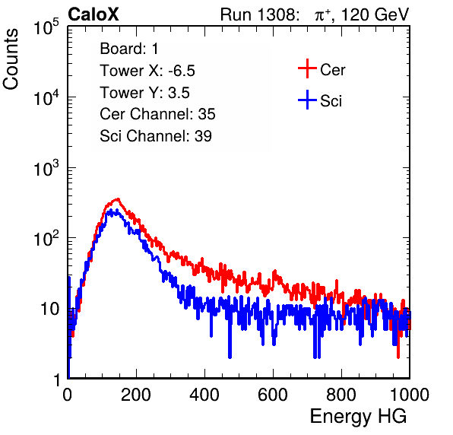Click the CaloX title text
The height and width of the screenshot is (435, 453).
pos(93,14)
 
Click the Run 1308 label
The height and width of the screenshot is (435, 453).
pos(259,14)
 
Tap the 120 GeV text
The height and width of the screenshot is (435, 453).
pos(375,14)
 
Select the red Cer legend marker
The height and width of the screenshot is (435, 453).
pos(307,68)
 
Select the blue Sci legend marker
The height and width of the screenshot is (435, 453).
pos(307,100)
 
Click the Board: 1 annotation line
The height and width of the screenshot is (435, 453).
pos(129,49)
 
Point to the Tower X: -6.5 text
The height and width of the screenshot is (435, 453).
pos(147,71)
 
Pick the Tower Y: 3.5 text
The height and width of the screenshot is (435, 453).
pos(144,93)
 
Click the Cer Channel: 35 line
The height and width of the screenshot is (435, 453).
pos(157,114)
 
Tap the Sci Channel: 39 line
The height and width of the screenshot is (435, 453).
pos(156,136)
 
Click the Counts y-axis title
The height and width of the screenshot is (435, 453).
pos(11,59)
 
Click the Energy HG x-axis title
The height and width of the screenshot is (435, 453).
pos(358,416)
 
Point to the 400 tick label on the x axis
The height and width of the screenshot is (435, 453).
pos(204,395)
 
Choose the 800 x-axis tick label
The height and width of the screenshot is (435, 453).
pos(341,395)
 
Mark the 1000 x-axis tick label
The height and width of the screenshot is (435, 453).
pos(410,395)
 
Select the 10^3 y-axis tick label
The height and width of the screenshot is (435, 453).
pos(46,168)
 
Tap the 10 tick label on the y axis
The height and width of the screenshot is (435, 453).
pos(49,309)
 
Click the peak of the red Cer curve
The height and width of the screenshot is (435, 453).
pos(118,198)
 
